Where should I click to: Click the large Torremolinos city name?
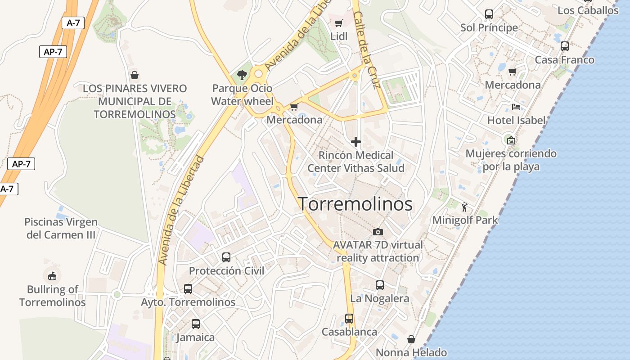pyautogui.click(x=355, y=204)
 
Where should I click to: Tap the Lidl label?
pyautogui.click(x=339, y=36)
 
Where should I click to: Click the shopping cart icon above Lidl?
pyautogui.click(x=339, y=23)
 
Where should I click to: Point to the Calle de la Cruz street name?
pyautogui.click(x=367, y=49)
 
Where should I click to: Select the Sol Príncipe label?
pyautogui.click(x=489, y=28)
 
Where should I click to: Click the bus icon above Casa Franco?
pyautogui.click(x=564, y=46)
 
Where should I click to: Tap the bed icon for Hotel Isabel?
pyautogui.click(x=516, y=107)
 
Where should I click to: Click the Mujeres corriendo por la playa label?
pyautogui.click(x=511, y=160)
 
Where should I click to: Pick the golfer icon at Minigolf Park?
pyautogui.click(x=465, y=207)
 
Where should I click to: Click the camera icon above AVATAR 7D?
pyautogui.click(x=378, y=232)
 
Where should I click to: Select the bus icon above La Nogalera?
pyautogui.click(x=380, y=285)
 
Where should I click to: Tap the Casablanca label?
pyautogui.click(x=349, y=332)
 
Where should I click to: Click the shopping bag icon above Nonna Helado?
pyautogui.click(x=411, y=339)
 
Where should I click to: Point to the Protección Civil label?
pyautogui.click(x=226, y=271)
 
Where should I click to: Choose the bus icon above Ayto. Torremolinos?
pyautogui.click(x=188, y=289)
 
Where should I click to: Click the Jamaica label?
pyautogui.click(x=195, y=337)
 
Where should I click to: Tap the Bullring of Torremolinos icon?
pyautogui.click(x=52, y=275)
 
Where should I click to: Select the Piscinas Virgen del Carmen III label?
pyautogui.click(x=61, y=228)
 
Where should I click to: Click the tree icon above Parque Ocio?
pyautogui.click(x=242, y=75)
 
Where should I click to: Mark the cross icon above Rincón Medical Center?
pyautogui.click(x=356, y=142)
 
